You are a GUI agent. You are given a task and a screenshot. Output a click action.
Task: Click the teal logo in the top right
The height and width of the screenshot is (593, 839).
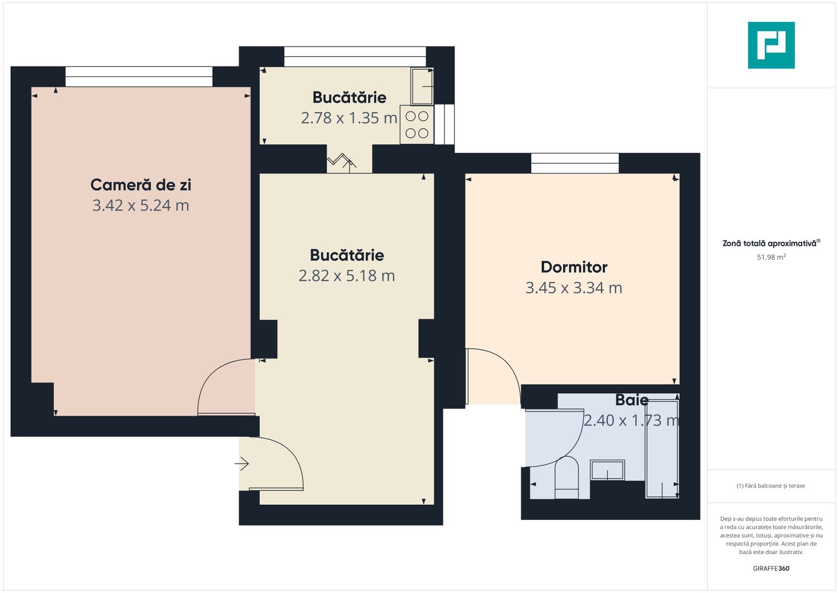pyautogui.click(x=771, y=45)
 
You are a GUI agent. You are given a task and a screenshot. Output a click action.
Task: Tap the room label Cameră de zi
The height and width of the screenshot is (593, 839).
pyautogui.click(x=141, y=185)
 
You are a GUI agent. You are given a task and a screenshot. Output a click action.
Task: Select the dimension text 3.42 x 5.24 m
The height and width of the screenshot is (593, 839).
pyautogui.click(x=141, y=205)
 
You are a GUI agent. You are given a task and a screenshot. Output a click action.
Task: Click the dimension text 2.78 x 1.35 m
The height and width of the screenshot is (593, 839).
pyautogui.click(x=349, y=118)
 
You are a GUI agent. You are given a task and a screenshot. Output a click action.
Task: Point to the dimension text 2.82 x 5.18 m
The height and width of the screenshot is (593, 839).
pyautogui.click(x=347, y=276)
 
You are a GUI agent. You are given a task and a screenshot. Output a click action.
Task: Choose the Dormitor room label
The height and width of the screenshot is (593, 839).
pyautogui.click(x=574, y=267)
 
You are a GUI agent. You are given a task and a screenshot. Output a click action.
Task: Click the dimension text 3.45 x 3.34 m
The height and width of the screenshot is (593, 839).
pyautogui.click(x=574, y=288)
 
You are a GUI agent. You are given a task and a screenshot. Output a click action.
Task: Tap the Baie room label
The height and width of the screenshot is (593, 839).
pyautogui.click(x=632, y=400)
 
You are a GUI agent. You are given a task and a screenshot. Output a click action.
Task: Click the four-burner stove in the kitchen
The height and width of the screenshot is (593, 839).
pyautogui.click(x=417, y=125)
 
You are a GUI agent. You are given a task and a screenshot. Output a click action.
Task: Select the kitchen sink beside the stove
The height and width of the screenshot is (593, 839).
pyautogui.click(x=422, y=86)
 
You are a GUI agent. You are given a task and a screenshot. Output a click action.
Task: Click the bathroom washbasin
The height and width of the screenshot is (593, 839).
pyautogui.click(x=607, y=471)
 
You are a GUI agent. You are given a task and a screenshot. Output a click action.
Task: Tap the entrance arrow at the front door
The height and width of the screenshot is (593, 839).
pyautogui.click(x=242, y=464)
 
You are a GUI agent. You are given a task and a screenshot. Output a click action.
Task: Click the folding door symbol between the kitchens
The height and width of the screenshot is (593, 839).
pyautogui.click(x=342, y=161)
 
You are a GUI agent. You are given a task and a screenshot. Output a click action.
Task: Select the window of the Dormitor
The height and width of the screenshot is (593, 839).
pyautogui.click(x=575, y=163)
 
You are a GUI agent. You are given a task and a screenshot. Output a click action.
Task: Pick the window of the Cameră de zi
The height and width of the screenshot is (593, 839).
pyautogui.click(x=138, y=76)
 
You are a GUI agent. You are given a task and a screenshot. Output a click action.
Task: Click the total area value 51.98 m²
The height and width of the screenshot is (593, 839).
pyautogui.click(x=771, y=257)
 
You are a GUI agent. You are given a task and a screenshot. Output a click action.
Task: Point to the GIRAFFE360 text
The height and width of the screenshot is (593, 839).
pyautogui.click(x=771, y=568)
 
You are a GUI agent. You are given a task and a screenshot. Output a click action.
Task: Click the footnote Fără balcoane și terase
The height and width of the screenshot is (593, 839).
pyautogui.click(x=771, y=486)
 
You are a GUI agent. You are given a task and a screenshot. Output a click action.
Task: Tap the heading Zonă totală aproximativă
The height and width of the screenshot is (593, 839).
pyautogui.click(x=770, y=243)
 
